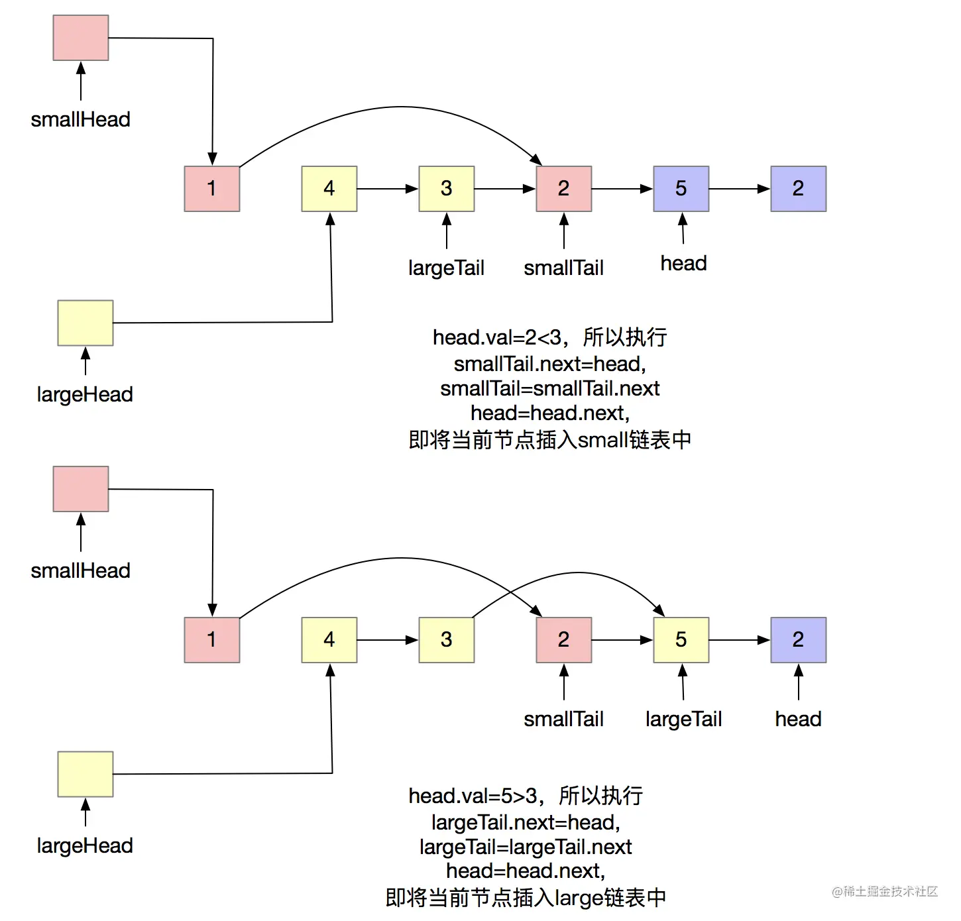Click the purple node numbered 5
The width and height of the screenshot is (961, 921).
pos(681,189)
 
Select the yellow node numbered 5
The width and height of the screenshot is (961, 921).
pos(681,640)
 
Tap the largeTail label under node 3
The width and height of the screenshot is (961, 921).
pos(446,268)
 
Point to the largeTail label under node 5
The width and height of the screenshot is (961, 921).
pos(683,719)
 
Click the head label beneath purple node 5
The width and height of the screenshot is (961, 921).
pos(683,263)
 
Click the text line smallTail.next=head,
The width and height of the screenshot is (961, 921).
pos(549,364)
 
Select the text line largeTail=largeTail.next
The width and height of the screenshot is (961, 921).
pos(526,847)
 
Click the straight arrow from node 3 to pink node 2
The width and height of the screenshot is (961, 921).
pos(504,189)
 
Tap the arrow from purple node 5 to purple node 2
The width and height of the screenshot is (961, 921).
pos(739,189)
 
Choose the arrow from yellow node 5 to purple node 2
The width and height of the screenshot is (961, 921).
pos(739,640)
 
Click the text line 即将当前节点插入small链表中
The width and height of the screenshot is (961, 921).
pos(549,439)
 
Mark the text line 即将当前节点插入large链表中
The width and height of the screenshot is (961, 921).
pos(526,897)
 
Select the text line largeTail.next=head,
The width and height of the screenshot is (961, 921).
pos(526,822)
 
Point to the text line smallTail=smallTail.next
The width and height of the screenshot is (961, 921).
pos(549,388)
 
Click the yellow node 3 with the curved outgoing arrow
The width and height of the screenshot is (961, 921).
pos(446,640)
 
